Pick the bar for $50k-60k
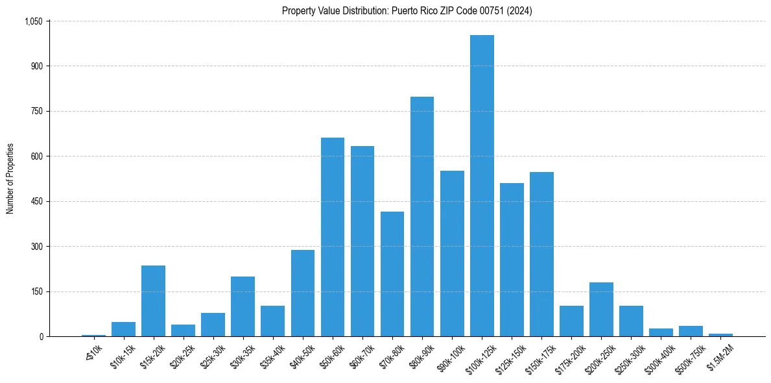tap(333, 237)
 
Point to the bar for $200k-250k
tap(601, 309)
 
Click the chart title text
tap(407, 10)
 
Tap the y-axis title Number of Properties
tap(10, 179)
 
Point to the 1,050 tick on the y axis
tap(33, 21)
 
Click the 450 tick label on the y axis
tap(36, 201)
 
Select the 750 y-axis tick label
tap(36, 111)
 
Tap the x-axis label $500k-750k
tap(689, 357)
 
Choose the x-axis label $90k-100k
tap(451, 356)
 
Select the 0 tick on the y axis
tap(41, 336)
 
